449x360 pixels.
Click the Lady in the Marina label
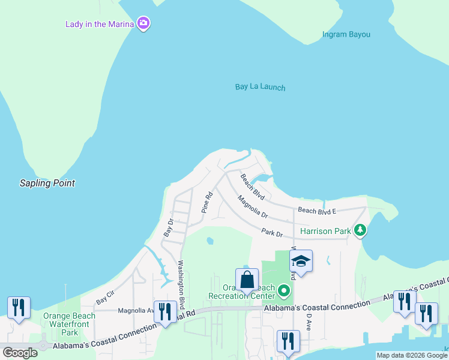pyautogui.click(x=100, y=24)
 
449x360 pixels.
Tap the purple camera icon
pyautogui.click(x=143, y=24)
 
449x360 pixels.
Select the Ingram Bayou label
pyautogui.click(x=346, y=34)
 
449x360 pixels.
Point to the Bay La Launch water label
pyautogui.click(x=260, y=87)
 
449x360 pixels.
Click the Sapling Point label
pyautogui.click(x=47, y=183)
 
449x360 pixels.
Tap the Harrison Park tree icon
pyautogui.click(x=360, y=230)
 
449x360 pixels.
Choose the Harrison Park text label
pyautogui.click(x=325, y=230)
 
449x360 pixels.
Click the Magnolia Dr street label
pyautogui.click(x=252, y=206)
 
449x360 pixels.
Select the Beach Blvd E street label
pyautogui.click(x=318, y=211)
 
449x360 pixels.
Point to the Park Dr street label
pyautogui.click(x=271, y=232)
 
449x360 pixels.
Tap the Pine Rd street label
pyautogui.click(x=206, y=203)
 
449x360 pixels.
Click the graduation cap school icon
pyautogui.click(x=301, y=261)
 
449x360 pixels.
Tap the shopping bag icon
pyautogui.click(x=247, y=280)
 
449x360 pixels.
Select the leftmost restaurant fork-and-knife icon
pyautogui.click(x=19, y=308)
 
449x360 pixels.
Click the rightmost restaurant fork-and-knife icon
pyautogui.click(x=426, y=313)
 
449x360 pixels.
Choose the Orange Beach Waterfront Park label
pyautogui.click(x=70, y=324)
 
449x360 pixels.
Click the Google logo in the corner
pyautogui.click(x=20, y=352)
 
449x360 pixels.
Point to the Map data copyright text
pyautogui.click(x=412, y=355)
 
